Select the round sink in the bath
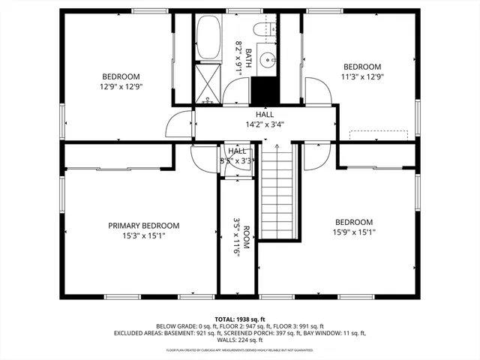pyautogui.click(x=267, y=58)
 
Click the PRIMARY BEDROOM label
pyautogui.click(x=144, y=226)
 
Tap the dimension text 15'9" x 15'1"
pyautogui.click(x=353, y=232)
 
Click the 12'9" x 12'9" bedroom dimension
pyautogui.click(x=121, y=86)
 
